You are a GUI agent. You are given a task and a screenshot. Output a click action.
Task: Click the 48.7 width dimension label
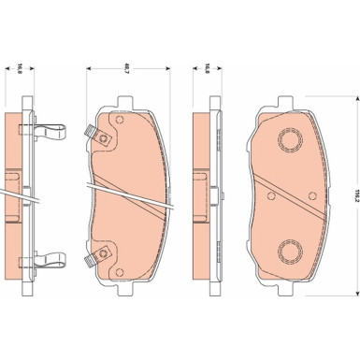point(126,68)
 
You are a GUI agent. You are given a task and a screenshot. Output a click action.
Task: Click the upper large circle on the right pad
point(292,139)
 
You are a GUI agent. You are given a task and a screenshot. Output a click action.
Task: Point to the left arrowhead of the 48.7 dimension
point(88,68)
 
